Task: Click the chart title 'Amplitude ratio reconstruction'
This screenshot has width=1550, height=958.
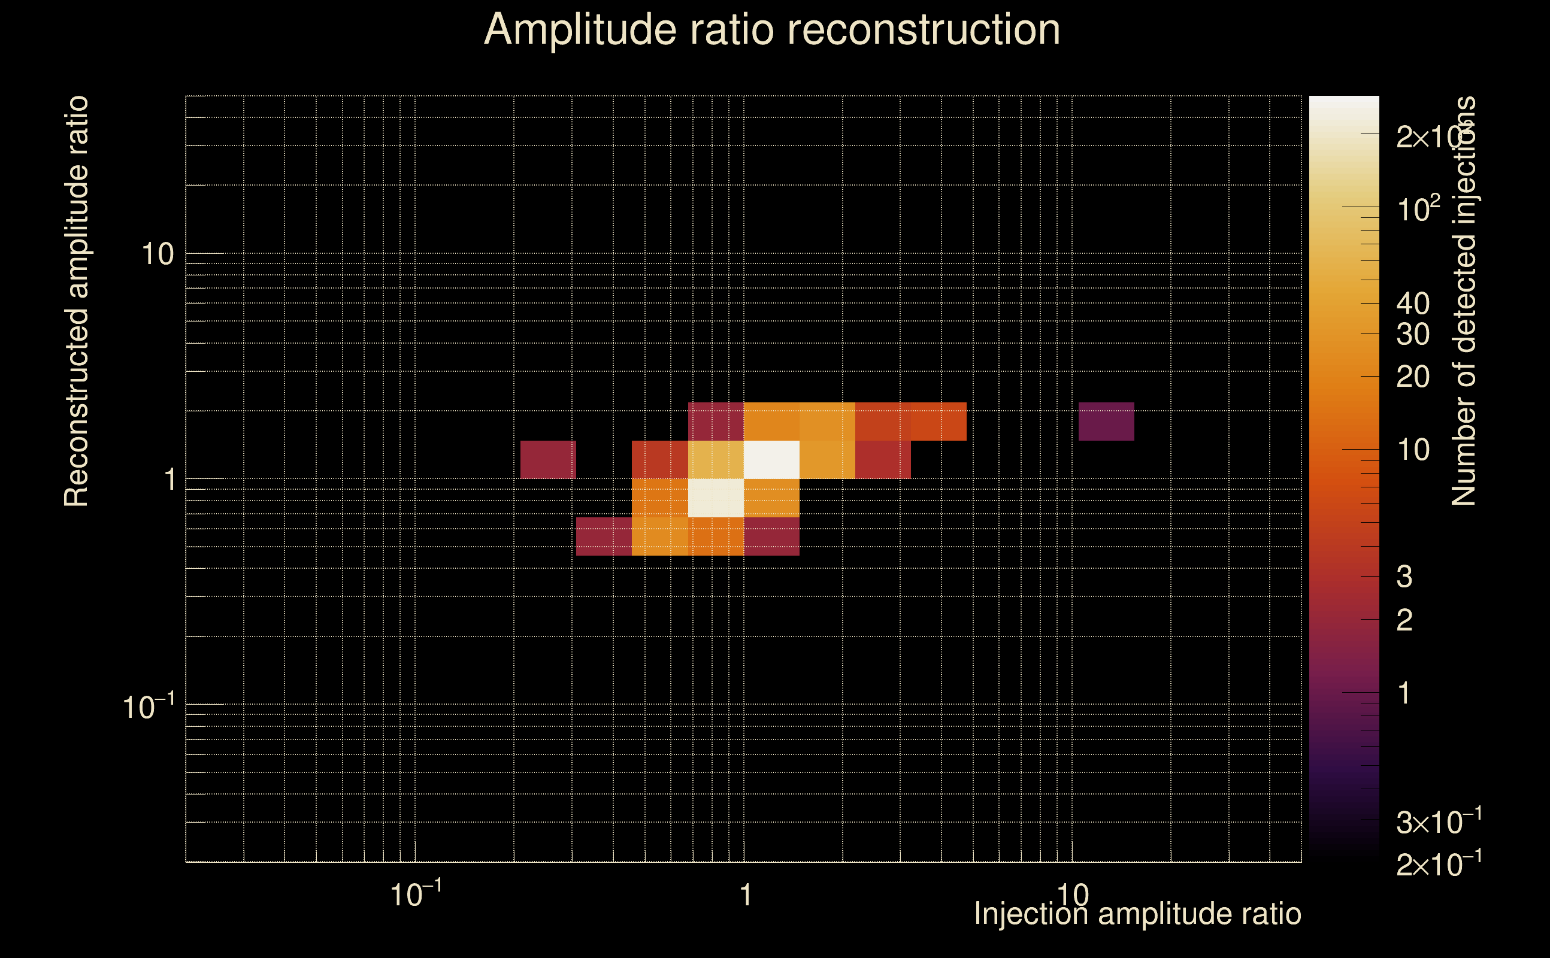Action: (x=772, y=30)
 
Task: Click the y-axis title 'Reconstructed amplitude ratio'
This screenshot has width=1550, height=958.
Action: (x=77, y=301)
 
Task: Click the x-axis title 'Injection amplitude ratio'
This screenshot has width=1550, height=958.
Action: (x=1137, y=914)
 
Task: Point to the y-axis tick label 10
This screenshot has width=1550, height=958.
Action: (x=157, y=254)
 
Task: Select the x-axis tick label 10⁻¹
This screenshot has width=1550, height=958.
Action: (x=416, y=895)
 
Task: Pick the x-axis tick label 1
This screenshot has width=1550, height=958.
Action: (x=746, y=895)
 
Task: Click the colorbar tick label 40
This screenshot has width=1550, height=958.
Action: (x=1412, y=304)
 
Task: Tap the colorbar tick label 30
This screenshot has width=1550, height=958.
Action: (x=1412, y=334)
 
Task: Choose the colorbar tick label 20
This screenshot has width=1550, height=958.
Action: (x=1412, y=377)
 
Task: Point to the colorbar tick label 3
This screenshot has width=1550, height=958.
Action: (x=1404, y=577)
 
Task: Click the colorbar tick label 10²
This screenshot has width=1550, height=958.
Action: (x=1418, y=209)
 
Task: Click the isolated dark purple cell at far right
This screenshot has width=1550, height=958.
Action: (x=1106, y=422)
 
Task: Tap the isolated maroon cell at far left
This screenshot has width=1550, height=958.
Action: (x=548, y=459)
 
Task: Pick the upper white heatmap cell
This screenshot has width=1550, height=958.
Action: (x=771, y=459)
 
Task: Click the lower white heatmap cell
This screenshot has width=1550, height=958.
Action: (x=716, y=498)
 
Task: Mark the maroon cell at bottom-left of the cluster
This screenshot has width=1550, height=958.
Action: (x=604, y=536)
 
